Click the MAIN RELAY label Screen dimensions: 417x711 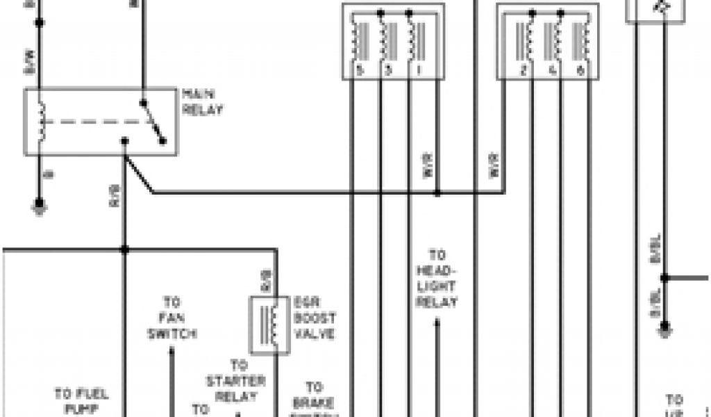point(202,101)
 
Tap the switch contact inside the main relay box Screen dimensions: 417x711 point(153,122)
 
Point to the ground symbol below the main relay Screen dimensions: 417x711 point(40,207)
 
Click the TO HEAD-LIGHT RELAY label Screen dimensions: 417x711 point(437,278)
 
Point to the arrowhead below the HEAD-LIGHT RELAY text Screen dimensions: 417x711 point(437,321)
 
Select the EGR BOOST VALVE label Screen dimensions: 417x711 point(315,318)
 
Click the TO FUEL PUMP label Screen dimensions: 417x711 point(81,400)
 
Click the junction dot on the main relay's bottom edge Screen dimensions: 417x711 point(125,142)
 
